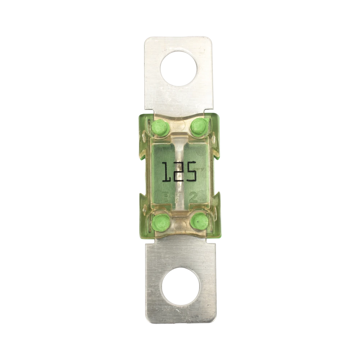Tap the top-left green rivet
(x=160, y=128)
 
